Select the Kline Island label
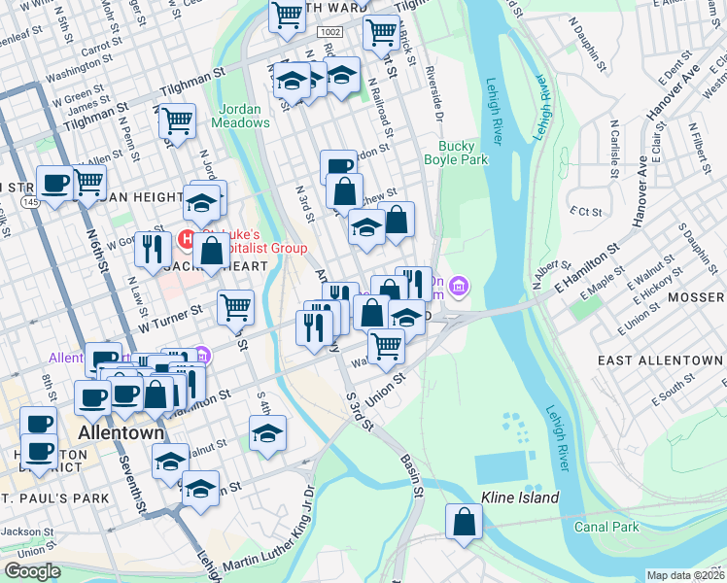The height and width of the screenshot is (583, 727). pos(520,498)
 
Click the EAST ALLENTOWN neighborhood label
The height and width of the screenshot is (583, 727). pos(660,360)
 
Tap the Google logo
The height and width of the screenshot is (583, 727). pos(32,571)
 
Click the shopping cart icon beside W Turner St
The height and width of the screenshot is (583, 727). pos(236,307)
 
